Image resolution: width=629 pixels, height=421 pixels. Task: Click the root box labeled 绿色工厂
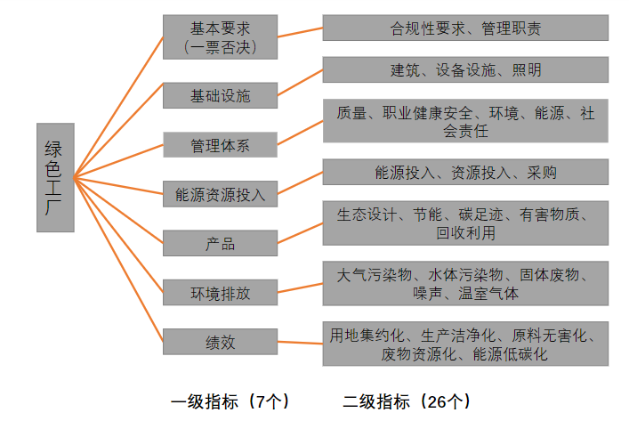[55, 177]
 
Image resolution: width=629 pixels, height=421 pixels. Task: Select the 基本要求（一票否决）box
[221, 36]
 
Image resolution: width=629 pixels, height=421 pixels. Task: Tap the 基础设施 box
[221, 95]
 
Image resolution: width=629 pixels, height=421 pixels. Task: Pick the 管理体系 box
[221, 144]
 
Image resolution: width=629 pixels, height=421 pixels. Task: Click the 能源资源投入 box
[221, 194]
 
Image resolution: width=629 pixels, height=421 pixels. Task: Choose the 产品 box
[221, 243]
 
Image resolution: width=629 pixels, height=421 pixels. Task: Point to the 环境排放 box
[221, 293]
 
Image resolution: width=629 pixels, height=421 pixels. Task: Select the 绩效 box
[221, 342]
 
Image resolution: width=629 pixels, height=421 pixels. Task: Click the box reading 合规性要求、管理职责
[465, 28]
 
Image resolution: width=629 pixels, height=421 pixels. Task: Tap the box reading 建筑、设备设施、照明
[465, 69]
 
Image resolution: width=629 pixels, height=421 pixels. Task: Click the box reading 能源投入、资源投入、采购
[465, 172]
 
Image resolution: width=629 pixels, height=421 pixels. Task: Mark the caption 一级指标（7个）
[230, 401]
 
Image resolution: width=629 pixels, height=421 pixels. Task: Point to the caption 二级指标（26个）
[407, 401]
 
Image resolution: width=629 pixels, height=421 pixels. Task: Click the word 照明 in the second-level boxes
[527, 70]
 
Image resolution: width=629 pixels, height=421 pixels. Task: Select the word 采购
[542, 173]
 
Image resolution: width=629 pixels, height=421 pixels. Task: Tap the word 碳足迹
[481, 215]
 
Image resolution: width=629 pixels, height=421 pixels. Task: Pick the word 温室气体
[488, 294]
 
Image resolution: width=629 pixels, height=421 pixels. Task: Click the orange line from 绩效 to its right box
[300, 343]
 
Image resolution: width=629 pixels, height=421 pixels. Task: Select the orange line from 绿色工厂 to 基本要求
[118, 107]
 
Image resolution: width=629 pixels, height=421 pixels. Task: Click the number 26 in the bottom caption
[438, 401]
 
